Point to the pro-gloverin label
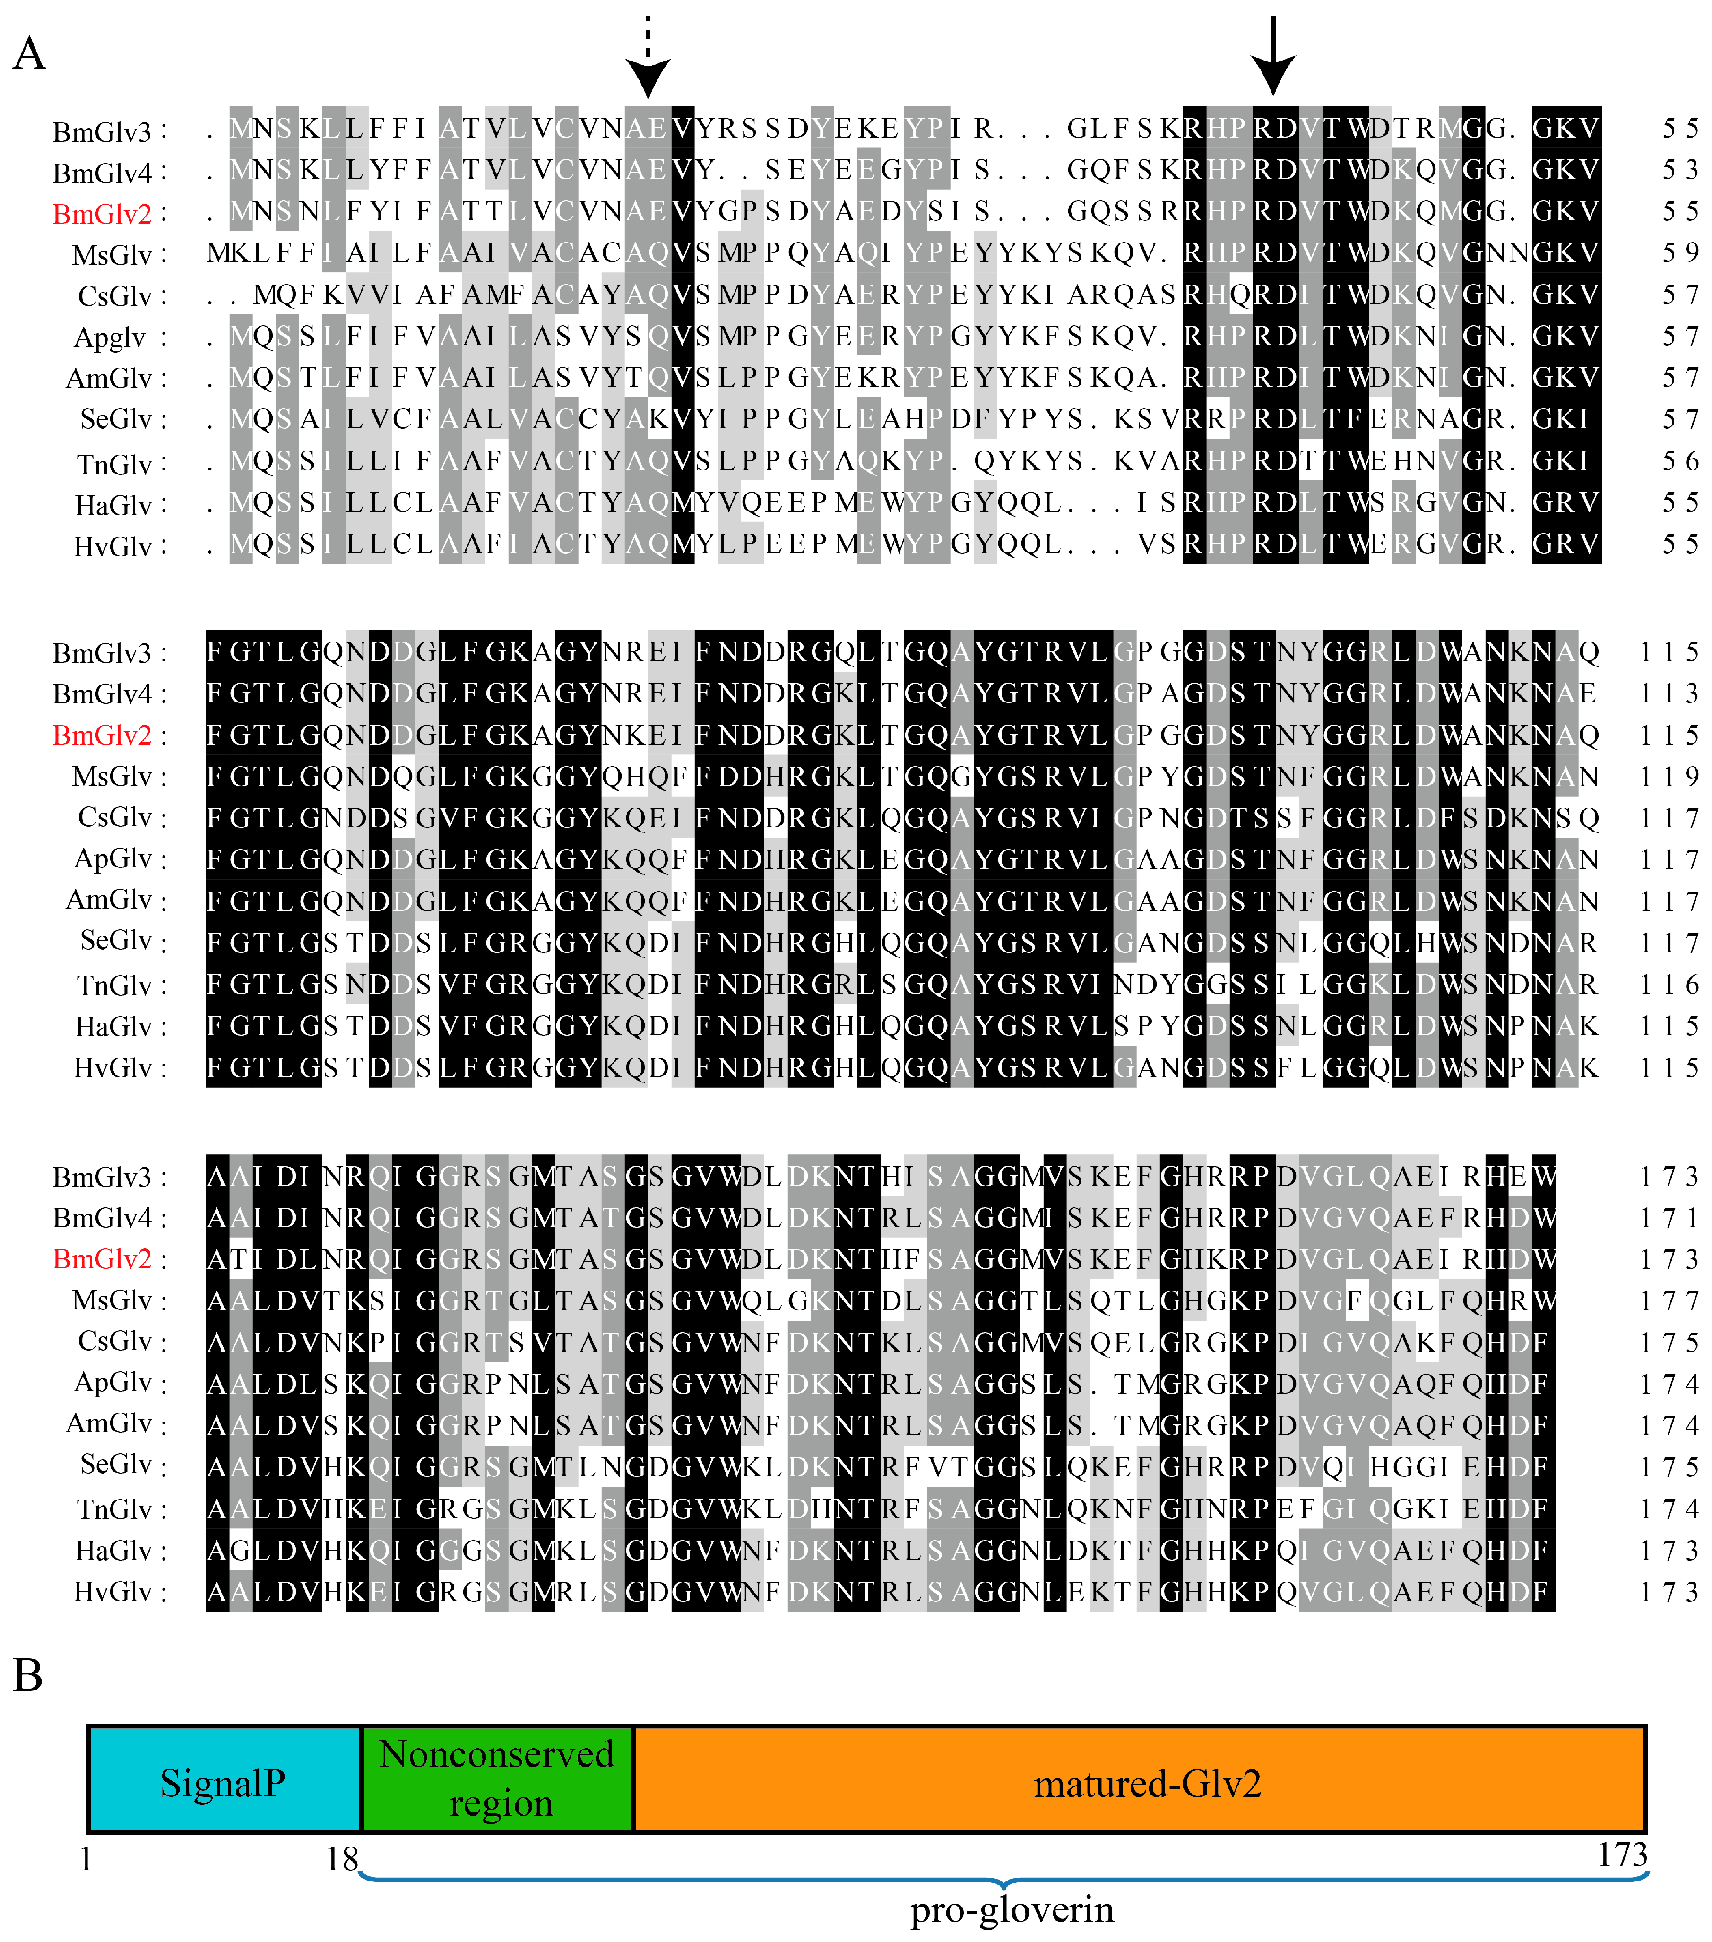tap(1012, 1908)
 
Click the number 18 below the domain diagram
tap(342, 1857)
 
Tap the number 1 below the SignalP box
tap(86, 1857)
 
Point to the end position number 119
tap(1669, 776)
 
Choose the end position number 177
tap(1669, 1300)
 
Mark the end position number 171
tap(1669, 1217)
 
